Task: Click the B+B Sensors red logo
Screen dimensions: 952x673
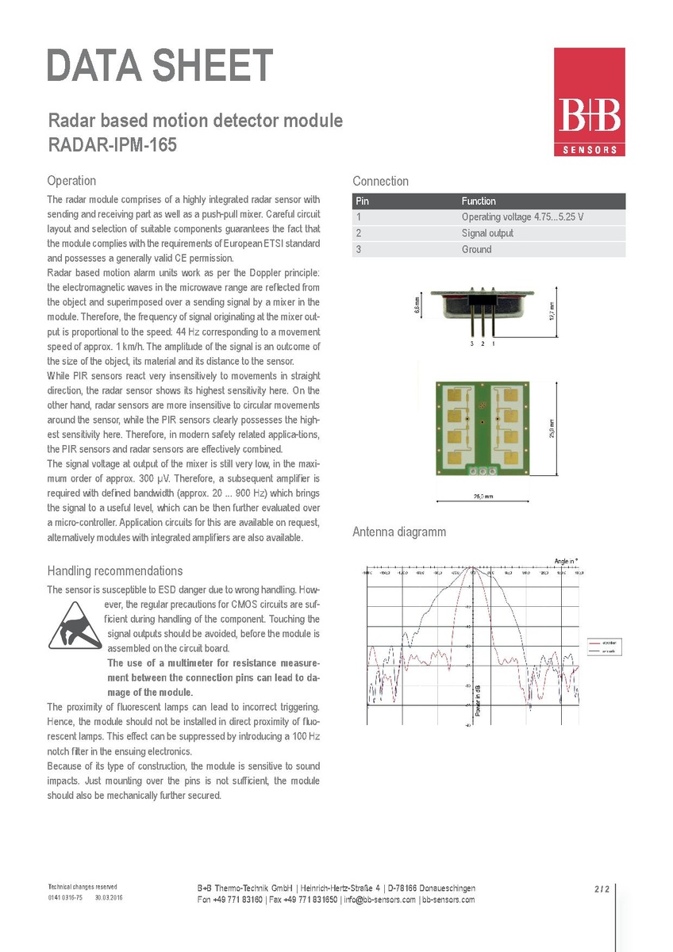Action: tap(589, 102)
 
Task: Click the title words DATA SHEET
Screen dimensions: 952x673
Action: tap(160, 66)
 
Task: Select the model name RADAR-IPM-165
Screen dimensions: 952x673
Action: tap(111, 146)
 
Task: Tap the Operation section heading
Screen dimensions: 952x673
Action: tap(71, 181)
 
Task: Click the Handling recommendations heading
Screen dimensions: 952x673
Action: tap(114, 571)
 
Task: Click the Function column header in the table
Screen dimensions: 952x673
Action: tap(479, 202)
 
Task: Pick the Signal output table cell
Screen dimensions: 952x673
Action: tap(487, 233)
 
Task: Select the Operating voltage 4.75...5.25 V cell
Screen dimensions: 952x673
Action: tap(522, 217)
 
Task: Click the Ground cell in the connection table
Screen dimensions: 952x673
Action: tap(476, 249)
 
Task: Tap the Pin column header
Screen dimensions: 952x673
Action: tap(363, 202)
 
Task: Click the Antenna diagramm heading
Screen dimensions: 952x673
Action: tap(399, 532)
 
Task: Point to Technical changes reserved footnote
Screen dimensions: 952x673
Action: tap(83, 886)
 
